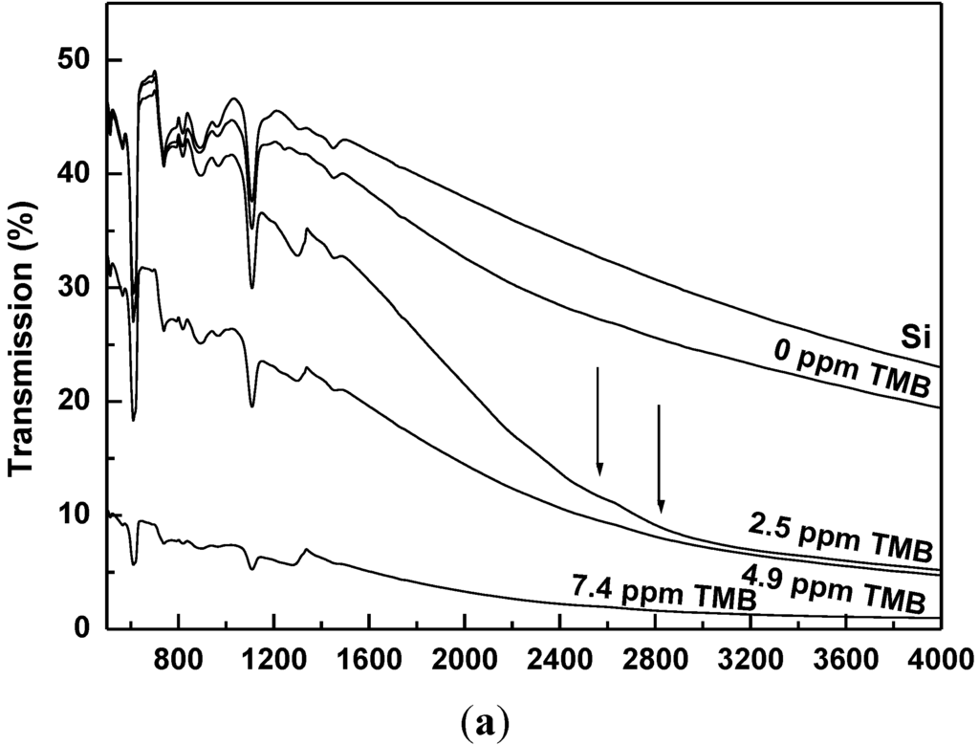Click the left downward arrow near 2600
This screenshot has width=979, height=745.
click(x=598, y=421)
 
